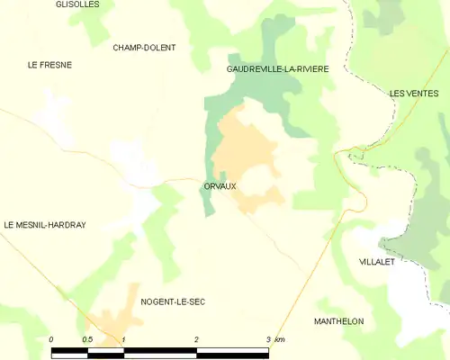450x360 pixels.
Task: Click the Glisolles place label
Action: pyautogui.click(x=77, y=4)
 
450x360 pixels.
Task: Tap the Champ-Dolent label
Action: pyautogui.click(x=144, y=48)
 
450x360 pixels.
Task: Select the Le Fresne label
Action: pyautogui.click(x=49, y=65)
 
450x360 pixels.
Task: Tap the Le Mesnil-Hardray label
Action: pyautogui.click(x=45, y=225)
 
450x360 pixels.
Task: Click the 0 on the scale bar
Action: pyautogui.click(x=52, y=339)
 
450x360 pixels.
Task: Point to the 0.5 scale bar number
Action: pyautogui.click(x=87, y=339)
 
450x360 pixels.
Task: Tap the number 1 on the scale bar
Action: pyautogui.click(x=123, y=339)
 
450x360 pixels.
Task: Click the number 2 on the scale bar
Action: pyautogui.click(x=196, y=339)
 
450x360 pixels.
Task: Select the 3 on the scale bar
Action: pyautogui.click(x=268, y=339)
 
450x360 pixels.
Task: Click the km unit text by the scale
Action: pyautogui.click(x=280, y=339)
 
